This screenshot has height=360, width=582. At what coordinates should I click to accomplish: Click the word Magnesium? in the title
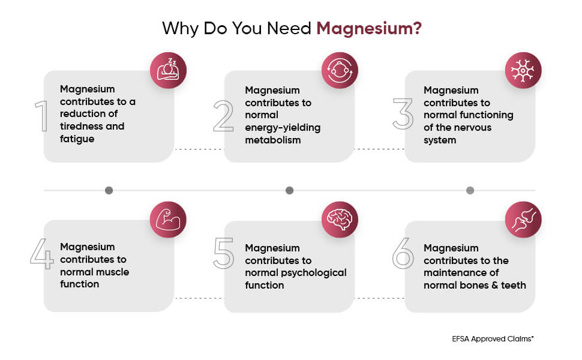click(369, 29)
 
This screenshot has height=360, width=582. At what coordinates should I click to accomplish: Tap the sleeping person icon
click(168, 70)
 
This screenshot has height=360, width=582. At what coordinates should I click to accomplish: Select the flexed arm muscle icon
click(168, 220)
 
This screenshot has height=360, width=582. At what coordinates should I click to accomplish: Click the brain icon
click(340, 220)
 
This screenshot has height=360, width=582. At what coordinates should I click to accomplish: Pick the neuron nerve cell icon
click(523, 70)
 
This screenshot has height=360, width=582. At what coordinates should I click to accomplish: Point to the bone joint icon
click(523, 220)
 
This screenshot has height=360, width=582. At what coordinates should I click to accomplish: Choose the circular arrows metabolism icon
click(340, 70)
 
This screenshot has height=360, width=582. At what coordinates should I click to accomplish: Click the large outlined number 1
click(42, 116)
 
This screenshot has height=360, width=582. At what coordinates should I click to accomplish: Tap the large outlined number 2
click(223, 116)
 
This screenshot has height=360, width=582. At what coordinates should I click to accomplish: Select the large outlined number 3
click(403, 114)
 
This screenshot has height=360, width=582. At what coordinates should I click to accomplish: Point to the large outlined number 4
click(41, 253)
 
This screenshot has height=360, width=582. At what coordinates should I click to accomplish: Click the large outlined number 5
click(223, 253)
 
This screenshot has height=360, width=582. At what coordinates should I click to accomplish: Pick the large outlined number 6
click(403, 253)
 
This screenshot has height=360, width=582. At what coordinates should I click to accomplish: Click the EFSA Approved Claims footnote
click(493, 339)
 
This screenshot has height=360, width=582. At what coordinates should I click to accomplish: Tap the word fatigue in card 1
click(77, 139)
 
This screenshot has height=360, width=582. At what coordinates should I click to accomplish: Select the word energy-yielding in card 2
click(283, 128)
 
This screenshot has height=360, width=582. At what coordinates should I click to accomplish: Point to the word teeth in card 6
click(514, 285)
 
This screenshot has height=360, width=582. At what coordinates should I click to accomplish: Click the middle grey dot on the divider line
click(290, 190)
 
